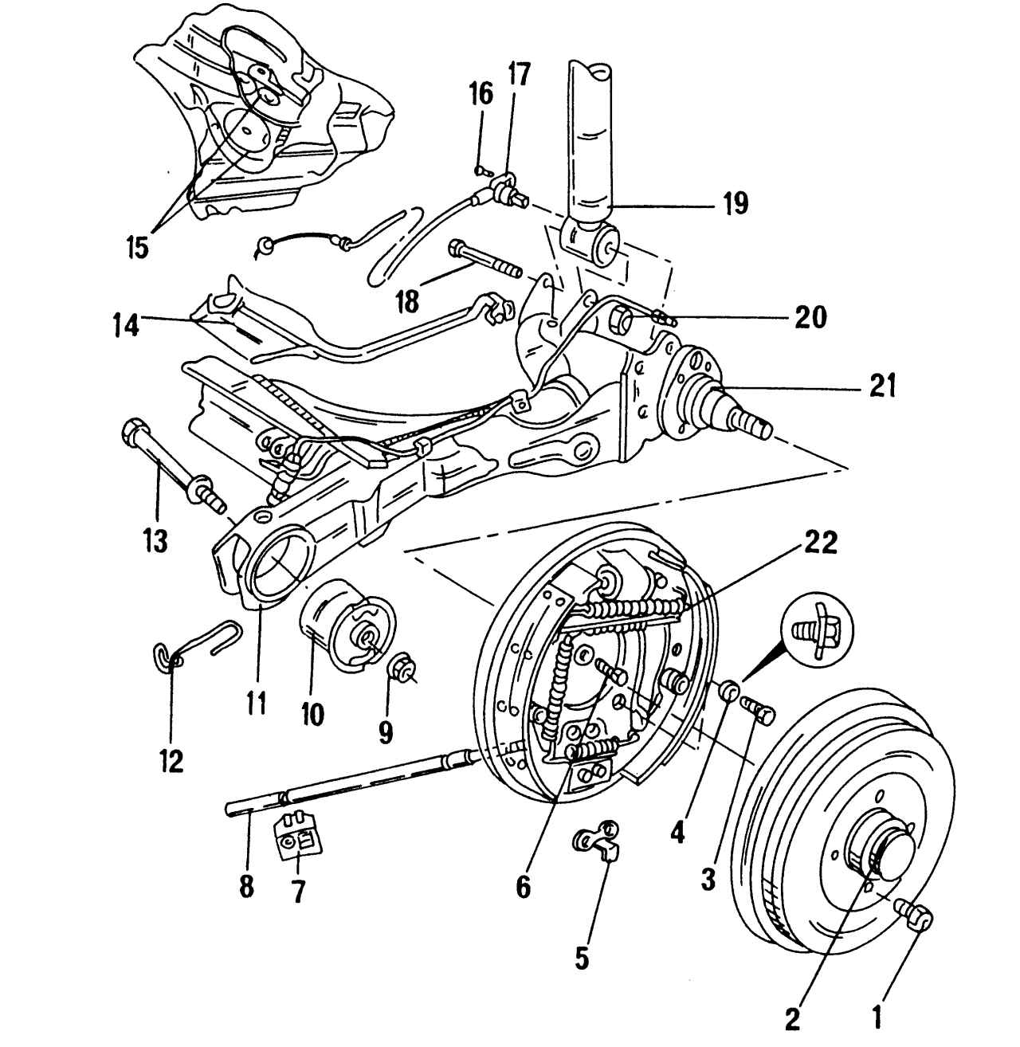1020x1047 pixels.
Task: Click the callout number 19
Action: (735, 204)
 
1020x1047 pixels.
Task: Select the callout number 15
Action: (136, 247)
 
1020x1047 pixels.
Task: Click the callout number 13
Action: (155, 542)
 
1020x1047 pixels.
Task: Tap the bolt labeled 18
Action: (486, 261)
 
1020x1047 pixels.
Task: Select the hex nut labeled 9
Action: (402, 669)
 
